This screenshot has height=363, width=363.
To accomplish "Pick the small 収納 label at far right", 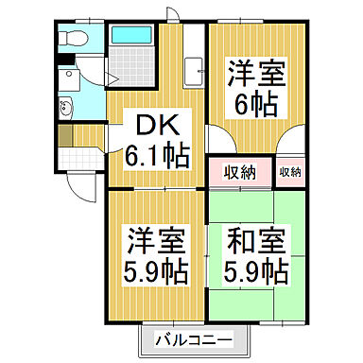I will pyautogui.click(x=289, y=172).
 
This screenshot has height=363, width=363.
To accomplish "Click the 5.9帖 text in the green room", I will pyautogui.click(x=255, y=272).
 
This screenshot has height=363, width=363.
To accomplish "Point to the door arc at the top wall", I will pyautogui.click(x=170, y=13).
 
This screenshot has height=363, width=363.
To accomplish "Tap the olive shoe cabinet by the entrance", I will pyautogui.click(x=64, y=135).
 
